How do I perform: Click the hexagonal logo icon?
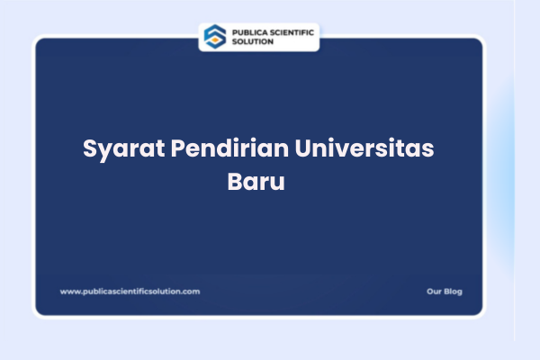(x=214, y=36)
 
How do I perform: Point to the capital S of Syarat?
(x=90, y=148)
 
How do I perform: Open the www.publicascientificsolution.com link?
(x=130, y=292)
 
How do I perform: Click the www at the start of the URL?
(x=67, y=292)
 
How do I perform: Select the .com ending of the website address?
(x=191, y=292)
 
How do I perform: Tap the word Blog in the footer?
(x=453, y=292)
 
